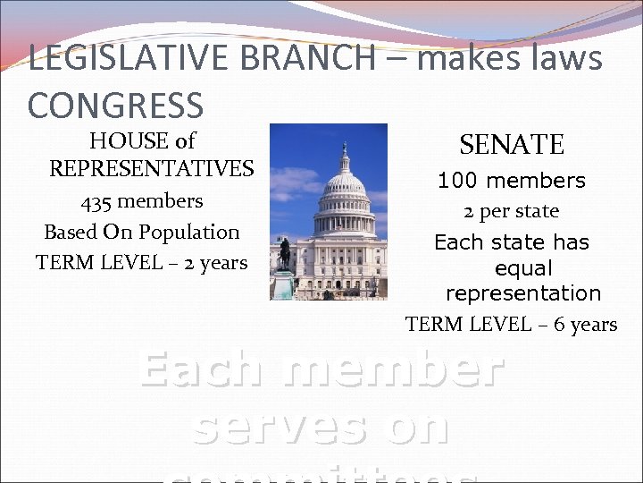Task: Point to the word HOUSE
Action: click(x=127, y=140)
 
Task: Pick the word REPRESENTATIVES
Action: click(x=151, y=168)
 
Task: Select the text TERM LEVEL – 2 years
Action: click(x=141, y=262)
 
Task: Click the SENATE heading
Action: click(x=512, y=144)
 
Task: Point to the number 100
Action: click(x=456, y=181)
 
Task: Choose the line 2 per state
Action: click(x=511, y=211)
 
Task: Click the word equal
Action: click(x=523, y=268)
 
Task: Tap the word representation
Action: click(x=523, y=293)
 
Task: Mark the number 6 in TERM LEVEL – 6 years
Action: click(x=560, y=324)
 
